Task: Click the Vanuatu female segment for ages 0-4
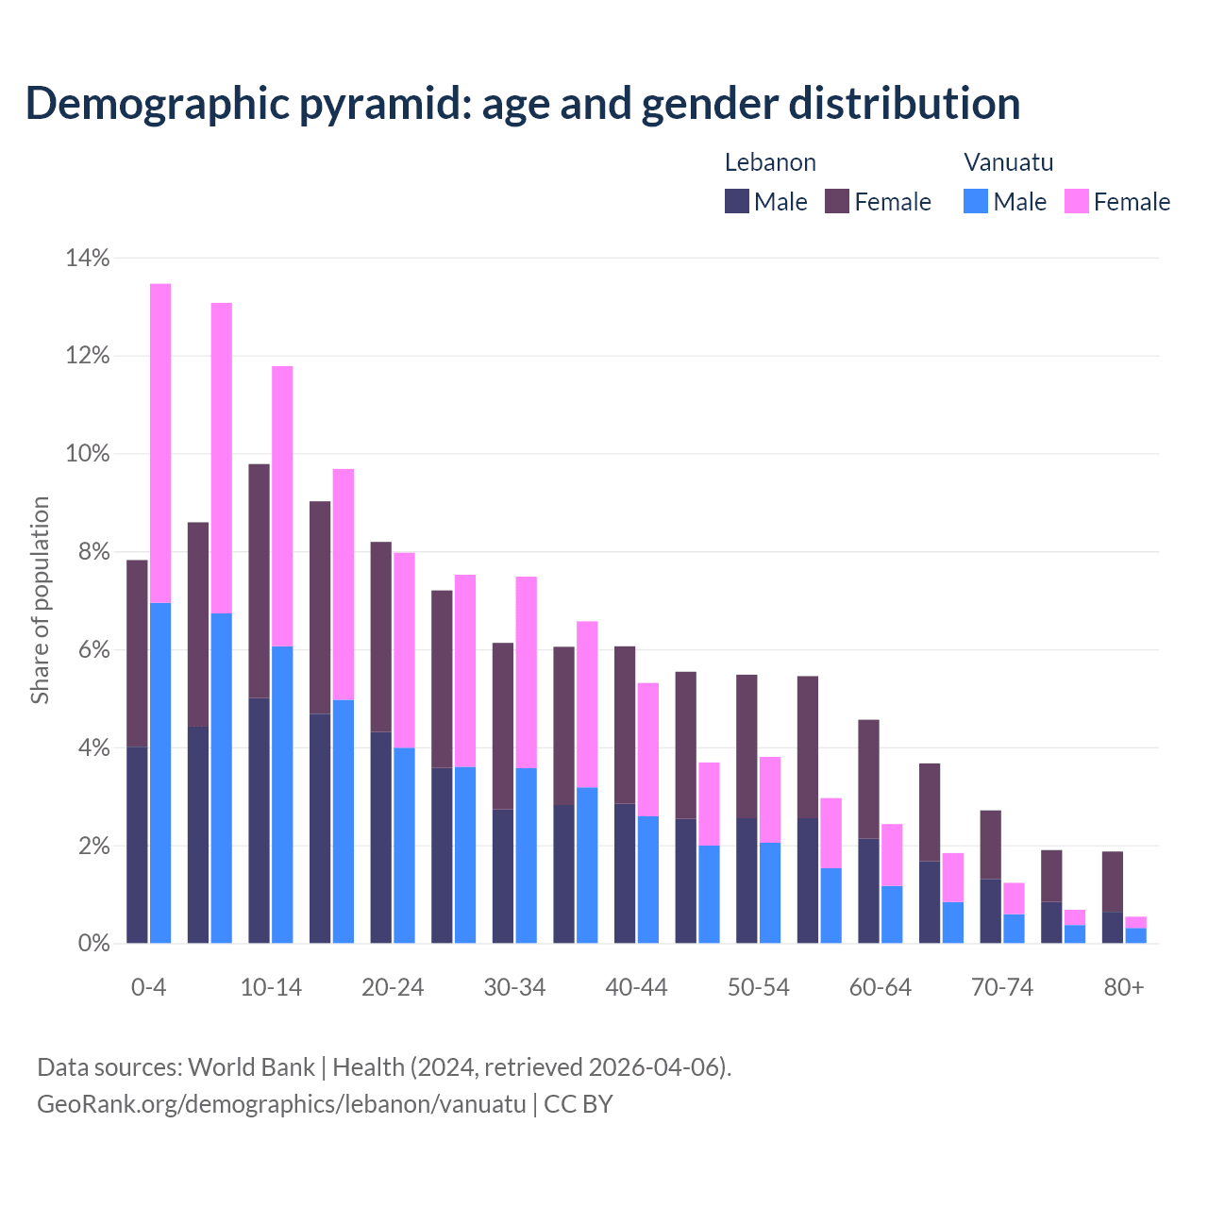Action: (160, 443)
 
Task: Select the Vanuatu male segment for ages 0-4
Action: (160, 773)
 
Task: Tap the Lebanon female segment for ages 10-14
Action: (259, 580)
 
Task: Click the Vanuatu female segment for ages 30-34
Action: (526, 672)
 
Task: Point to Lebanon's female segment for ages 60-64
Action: (868, 779)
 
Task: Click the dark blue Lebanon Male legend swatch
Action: (736, 201)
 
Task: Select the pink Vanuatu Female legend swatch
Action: (1076, 201)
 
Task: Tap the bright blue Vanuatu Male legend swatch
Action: (976, 201)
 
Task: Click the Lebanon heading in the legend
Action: (770, 162)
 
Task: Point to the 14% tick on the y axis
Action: (88, 258)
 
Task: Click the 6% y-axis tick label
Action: (92, 650)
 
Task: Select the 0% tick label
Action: (92, 944)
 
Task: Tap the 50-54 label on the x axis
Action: (758, 987)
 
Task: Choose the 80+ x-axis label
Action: (1124, 987)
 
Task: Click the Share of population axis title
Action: (40, 600)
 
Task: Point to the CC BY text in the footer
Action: (579, 1103)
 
